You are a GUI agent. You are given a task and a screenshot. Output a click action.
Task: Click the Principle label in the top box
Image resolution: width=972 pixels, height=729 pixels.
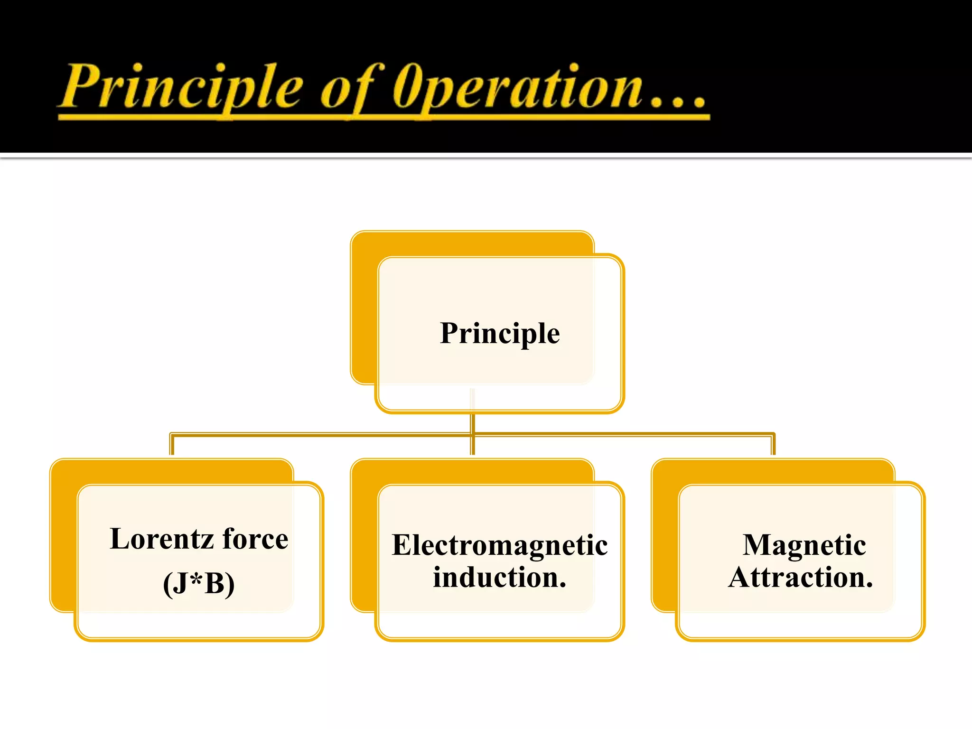coord(500,333)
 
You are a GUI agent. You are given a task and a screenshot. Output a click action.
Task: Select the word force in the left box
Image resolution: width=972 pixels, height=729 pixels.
coord(255,539)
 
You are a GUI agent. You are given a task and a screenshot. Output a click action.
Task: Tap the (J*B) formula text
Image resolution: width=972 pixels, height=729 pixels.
coord(199,583)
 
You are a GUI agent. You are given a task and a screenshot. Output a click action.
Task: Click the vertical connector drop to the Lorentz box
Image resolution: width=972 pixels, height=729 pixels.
coord(172,445)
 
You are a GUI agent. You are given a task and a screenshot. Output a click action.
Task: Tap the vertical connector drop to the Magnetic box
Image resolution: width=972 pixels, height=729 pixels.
coord(773,445)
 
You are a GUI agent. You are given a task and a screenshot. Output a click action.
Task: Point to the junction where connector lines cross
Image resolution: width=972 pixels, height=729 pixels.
coord(473,434)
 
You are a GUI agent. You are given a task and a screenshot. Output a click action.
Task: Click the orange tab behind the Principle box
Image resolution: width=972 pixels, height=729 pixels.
coord(364,308)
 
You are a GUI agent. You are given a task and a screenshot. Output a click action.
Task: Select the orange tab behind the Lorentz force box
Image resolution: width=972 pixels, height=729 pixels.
coord(63,536)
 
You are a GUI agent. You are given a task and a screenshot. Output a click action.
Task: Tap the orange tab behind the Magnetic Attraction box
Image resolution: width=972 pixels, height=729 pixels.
coord(664,536)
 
